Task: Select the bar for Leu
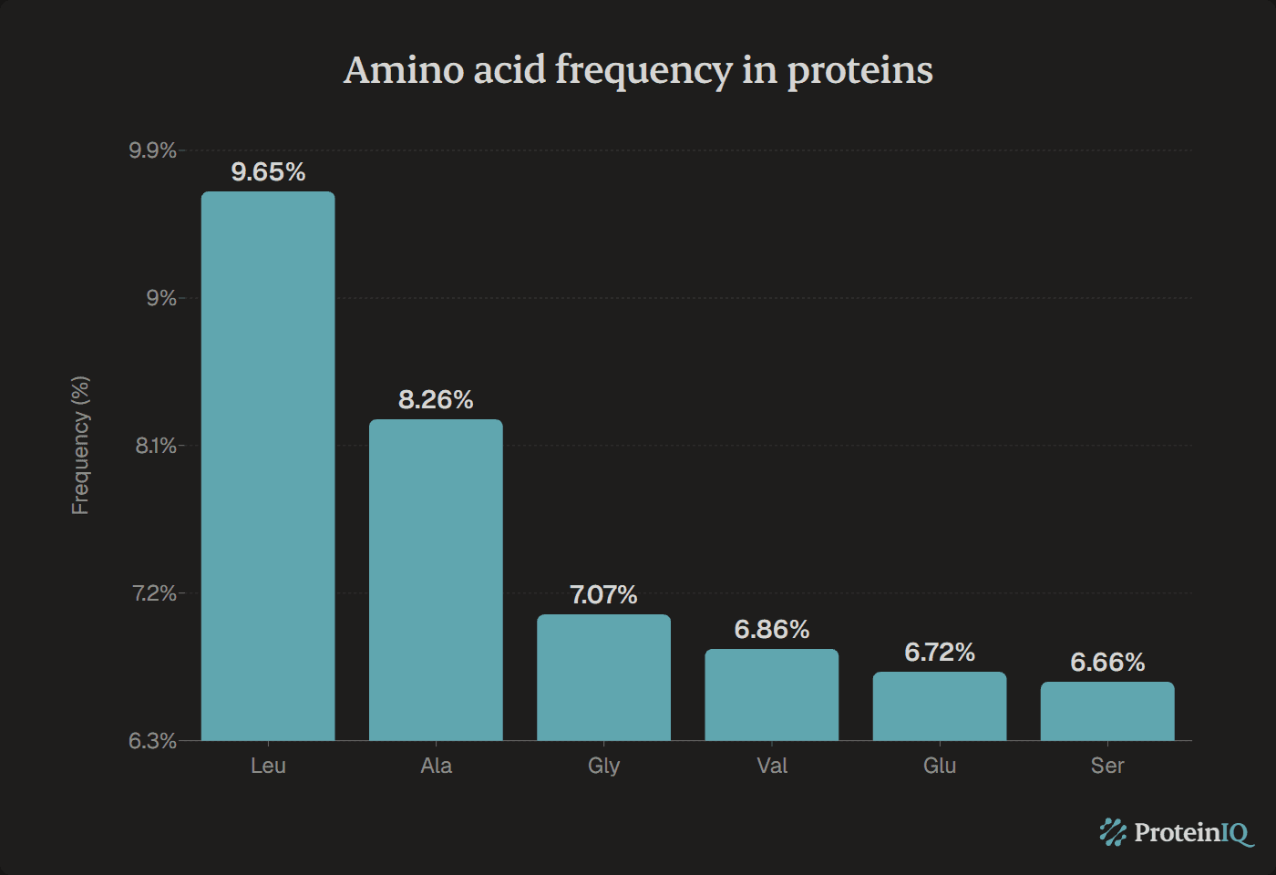point(268,466)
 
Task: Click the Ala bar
point(436,580)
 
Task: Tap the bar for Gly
point(603,677)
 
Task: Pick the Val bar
point(771,695)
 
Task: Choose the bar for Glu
point(940,706)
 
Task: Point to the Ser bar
point(1107,711)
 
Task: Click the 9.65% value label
point(268,172)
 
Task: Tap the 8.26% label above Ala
point(436,400)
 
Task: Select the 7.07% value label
point(603,595)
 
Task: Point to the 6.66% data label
point(1107,663)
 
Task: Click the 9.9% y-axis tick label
point(152,150)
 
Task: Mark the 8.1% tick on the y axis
point(155,446)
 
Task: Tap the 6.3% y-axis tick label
point(152,741)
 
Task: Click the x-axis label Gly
point(603,766)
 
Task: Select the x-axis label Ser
point(1107,766)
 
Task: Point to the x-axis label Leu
point(268,766)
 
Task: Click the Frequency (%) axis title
point(80,445)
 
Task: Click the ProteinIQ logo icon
point(1113,832)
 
